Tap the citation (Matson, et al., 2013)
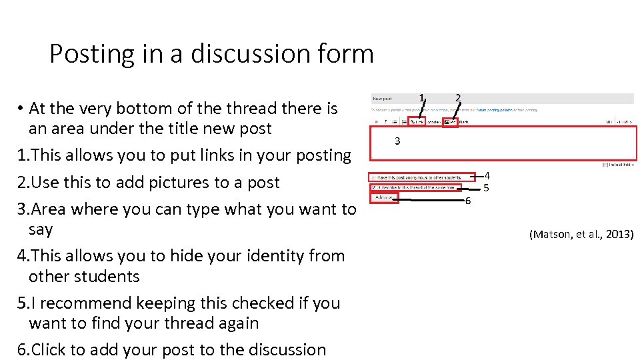click(x=581, y=234)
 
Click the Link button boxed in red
click(x=417, y=121)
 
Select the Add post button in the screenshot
click(x=384, y=197)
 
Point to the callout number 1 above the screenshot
click(x=421, y=98)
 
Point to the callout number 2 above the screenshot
click(x=457, y=97)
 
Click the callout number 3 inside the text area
click(x=397, y=141)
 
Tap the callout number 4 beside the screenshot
click(x=487, y=175)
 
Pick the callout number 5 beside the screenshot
click(x=487, y=187)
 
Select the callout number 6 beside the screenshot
click(x=468, y=200)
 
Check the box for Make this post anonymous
click(x=374, y=177)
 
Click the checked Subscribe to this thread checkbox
click(x=374, y=187)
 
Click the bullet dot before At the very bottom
click(x=21, y=109)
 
